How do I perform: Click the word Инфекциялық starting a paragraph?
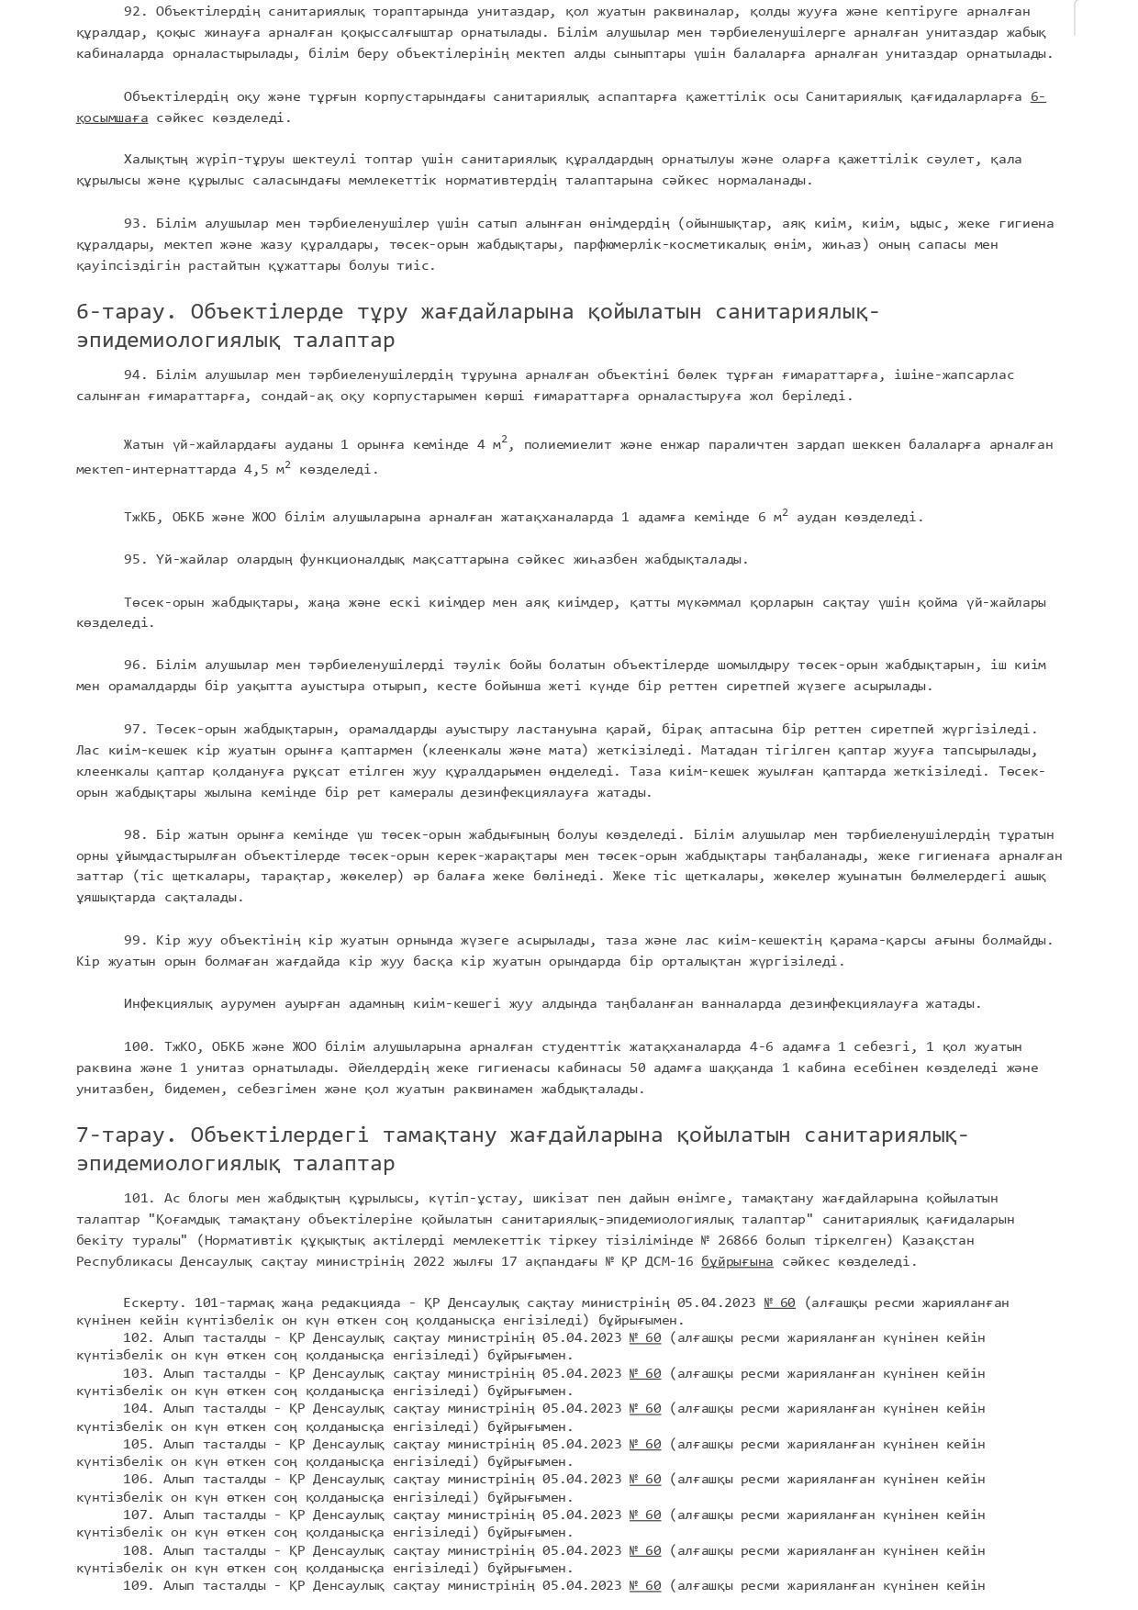[x=167, y=1004]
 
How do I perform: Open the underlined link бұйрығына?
[x=737, y=1262]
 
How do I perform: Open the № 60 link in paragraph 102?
[x=644, y=1338]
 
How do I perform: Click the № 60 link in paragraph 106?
[x=644, y=1480]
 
